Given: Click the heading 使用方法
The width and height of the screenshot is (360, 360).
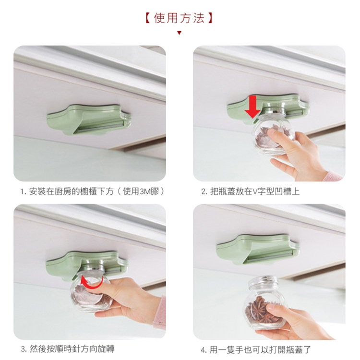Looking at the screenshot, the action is pyautogui.click(x=180, y=18).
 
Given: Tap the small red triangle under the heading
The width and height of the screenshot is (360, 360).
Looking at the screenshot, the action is pyautogui.click(x=180, y=33).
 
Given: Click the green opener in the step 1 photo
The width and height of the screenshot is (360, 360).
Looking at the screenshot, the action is pyautogui.click(x=89, y=120).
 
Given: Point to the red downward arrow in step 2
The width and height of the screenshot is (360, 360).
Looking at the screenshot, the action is pyautogui.click(x=252, y=107).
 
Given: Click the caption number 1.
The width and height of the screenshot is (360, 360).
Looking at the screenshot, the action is pyautogui.click(x=22, y=192).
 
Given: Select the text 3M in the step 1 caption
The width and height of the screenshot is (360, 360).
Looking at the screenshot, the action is pyautogui.click(x=145, y=192).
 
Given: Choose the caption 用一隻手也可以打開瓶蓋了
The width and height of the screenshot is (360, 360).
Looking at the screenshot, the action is pyautogui.click(x=260, y=350).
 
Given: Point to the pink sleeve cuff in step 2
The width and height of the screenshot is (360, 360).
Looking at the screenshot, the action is pyautogui.click(x=335, y=176).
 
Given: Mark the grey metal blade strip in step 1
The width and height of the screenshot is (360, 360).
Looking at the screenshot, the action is pyautogui.click(x=101, y=127).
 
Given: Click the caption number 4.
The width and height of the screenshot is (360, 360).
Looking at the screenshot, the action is pyautogui.click(x=203, y=350).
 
